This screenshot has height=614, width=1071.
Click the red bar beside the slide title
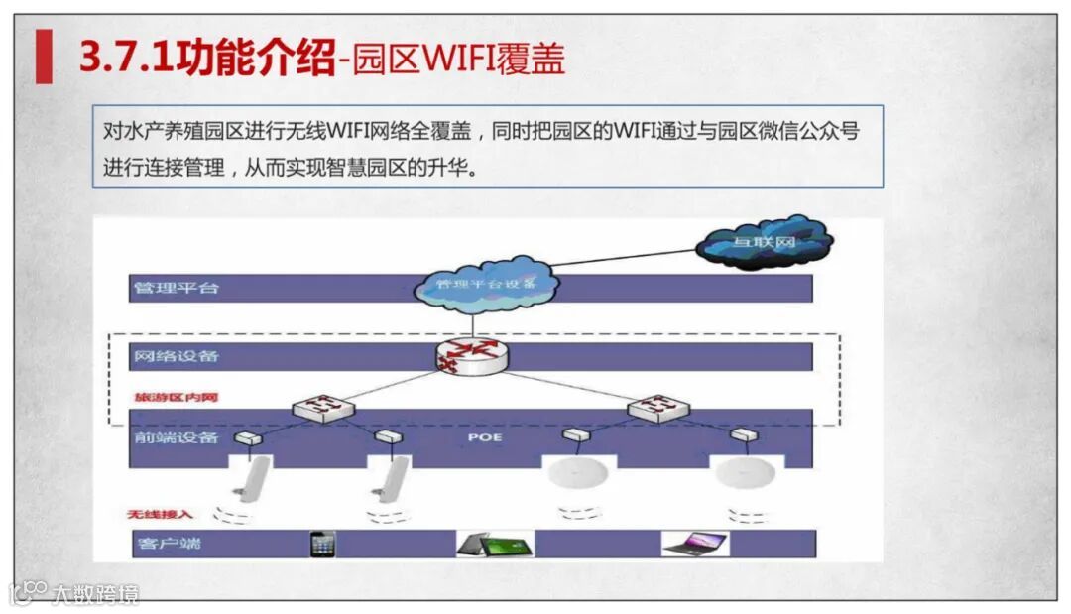click(44, 57)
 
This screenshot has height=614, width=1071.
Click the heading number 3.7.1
click(125, 58)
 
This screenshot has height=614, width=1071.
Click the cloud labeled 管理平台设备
click(486, 283)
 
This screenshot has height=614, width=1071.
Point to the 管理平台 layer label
click(176, 289)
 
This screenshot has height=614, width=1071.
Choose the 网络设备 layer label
click(176, 356)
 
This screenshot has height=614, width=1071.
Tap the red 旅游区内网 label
click(176, 398)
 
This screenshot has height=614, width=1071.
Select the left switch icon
click(319, 407)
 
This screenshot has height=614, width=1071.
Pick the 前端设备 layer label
click(176, 437)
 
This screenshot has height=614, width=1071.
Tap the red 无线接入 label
click(161, 514)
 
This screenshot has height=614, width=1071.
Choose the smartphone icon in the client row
click(322, 544)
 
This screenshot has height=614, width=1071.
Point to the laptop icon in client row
click(694, 544)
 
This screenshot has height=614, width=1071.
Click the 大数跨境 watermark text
click(95, 594)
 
